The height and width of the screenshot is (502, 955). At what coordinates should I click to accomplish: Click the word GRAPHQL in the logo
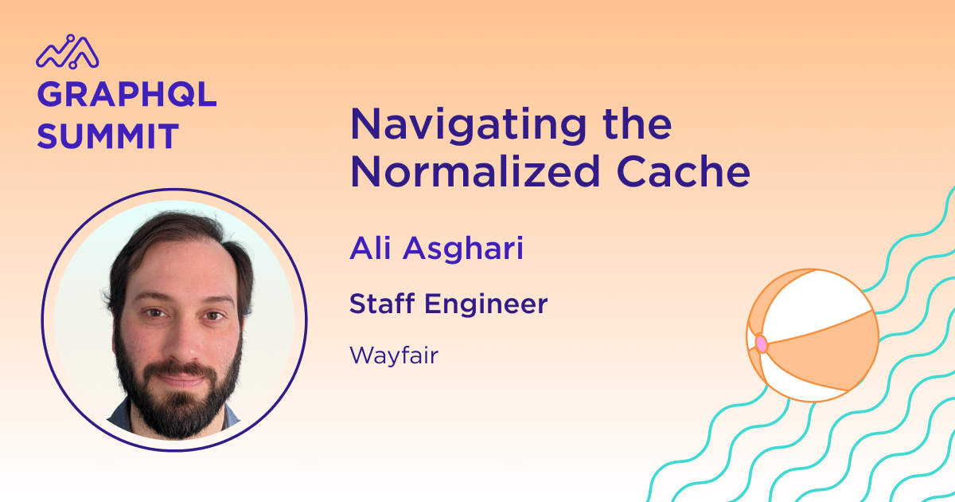pyautogui.click(x=127, y=95)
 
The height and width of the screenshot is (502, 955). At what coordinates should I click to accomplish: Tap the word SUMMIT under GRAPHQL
pyautogui.click(x=108, y=136)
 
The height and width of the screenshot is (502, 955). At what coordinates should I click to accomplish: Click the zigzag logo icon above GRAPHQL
pyautogui.click(x=68, y=52)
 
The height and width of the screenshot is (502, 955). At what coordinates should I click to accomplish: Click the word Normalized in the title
pyautogui.click(x=475, y=171)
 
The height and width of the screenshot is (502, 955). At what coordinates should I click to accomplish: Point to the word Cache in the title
pyautogui.click(x=683, y=171)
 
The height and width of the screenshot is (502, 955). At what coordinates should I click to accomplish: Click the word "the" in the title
pyautogui.click(x=637, y=124)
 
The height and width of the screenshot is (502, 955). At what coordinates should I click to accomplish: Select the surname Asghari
pyautogui.click(x=463, y=249)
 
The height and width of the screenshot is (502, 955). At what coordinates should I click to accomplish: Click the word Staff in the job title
pyautogui.click(x=382, y=304)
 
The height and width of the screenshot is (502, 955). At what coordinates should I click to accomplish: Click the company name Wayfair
pyautogui.click(x=393, y=356)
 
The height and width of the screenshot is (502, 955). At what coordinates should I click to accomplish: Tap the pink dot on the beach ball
pyautogui.click(x=762, y=343)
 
